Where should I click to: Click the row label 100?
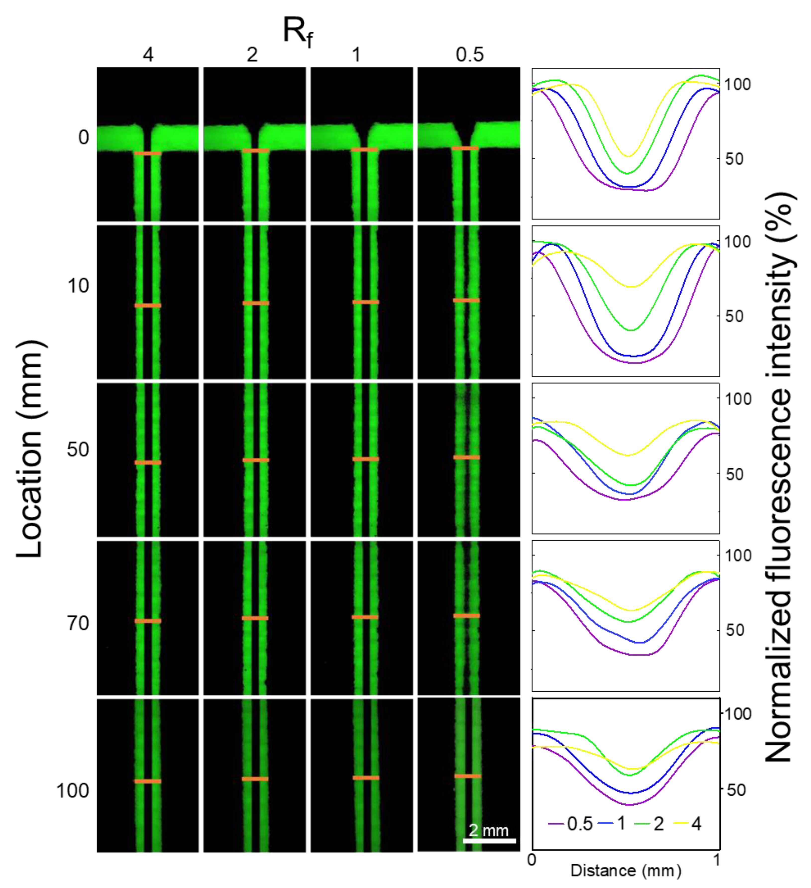tap(73, 791)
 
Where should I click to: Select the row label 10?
tap(78, 286)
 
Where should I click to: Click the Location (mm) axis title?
tap(31, 449)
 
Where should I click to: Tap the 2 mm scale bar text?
tap(488, 830)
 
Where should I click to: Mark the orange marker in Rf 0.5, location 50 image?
tap(467, 457)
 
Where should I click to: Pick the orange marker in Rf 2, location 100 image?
tap(255, 779)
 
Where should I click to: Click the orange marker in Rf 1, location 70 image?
tap(365, 617)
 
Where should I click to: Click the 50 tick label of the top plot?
tap(734, 159)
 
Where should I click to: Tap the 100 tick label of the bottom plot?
tap(737, 714)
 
